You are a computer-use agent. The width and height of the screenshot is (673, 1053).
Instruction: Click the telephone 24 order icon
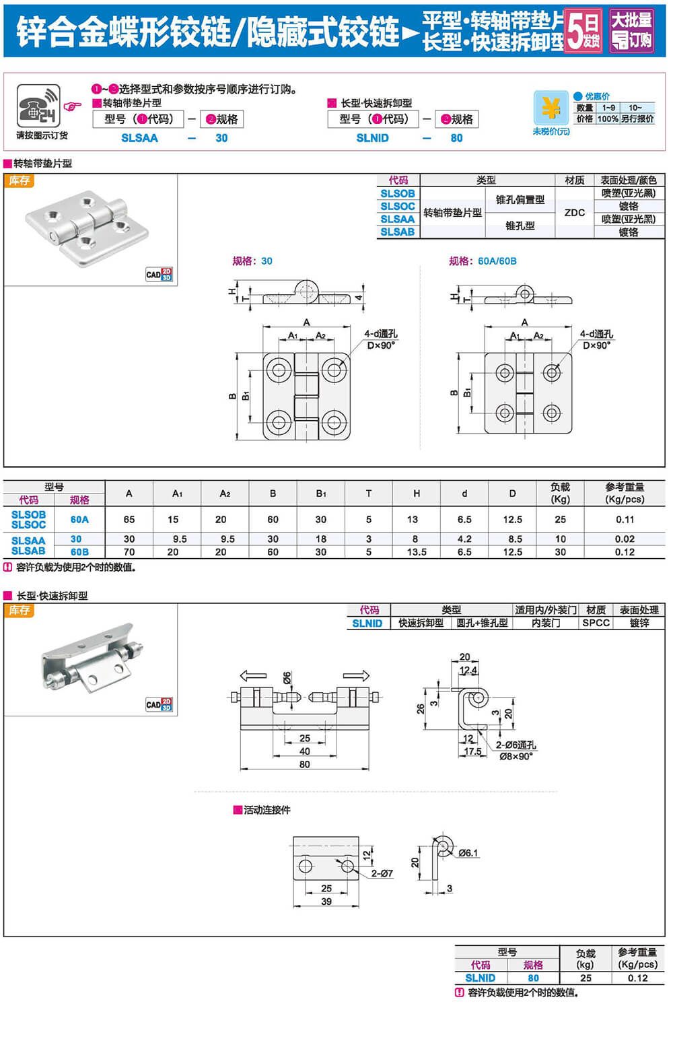[x=38, y=106]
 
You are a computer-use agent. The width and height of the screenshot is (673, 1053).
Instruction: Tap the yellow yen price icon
[x=551, y=108]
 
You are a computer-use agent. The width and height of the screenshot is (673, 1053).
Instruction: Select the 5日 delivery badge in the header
[x=582, y=30]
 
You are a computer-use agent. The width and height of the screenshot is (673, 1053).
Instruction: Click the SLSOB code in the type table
[x=397, y=193]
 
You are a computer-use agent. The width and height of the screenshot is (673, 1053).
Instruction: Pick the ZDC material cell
[x=574, y=213]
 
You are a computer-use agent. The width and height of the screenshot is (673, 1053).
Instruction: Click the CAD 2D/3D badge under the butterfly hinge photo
[x=159, y=274]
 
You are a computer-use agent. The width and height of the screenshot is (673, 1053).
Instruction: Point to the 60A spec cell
[x=79, y=519]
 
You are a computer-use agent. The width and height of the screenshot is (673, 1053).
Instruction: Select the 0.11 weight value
[x=624, y=519]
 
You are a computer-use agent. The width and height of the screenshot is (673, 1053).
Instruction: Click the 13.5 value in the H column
[x=416, y=552]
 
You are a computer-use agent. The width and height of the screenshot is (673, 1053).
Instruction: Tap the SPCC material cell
[x=596, y=623]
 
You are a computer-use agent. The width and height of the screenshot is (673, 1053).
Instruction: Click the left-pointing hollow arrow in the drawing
[x=253, y=676]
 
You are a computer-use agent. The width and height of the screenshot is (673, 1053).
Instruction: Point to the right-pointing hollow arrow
[x=356, y=676]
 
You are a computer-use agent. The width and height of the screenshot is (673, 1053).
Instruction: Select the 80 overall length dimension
[x=305, y=764]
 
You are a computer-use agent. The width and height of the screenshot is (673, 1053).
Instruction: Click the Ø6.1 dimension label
[x=468, y=853]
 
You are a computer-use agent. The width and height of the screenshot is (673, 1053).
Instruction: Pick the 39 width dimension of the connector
[x=326, y=902]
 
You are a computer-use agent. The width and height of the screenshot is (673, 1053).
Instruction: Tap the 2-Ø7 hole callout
[x=382, y=873]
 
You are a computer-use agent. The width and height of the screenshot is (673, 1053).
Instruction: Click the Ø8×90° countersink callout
[x=516, y=756]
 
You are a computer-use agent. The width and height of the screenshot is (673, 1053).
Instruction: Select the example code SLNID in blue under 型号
[x=372, y=138]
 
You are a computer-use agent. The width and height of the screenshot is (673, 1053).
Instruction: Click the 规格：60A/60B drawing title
[x=483, y=261]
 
